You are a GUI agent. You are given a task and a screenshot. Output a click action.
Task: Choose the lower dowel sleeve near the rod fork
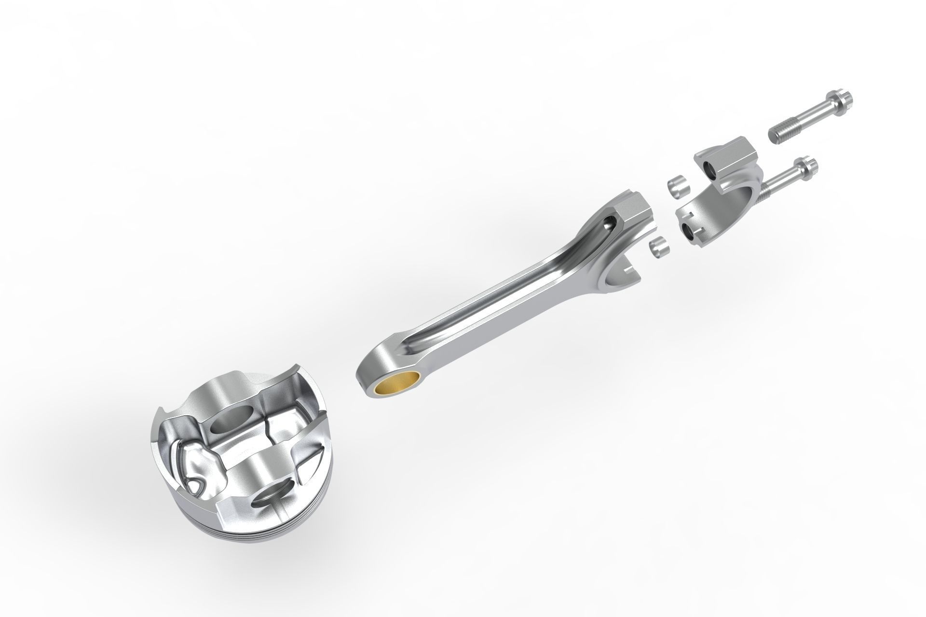coord(659,247)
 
